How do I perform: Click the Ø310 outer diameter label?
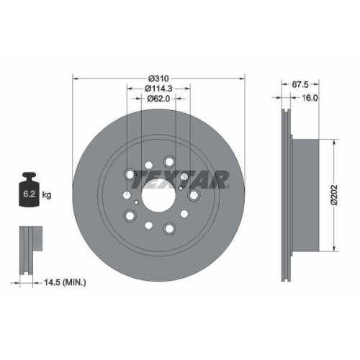(158, 78)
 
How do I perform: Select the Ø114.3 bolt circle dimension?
(158, 89)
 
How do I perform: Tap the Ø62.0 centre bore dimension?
(158, 99)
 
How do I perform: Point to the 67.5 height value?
(290, 83)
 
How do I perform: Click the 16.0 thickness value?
(311, 96)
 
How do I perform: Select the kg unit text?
(47, 194)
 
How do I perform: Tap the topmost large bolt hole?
(170, 162)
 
